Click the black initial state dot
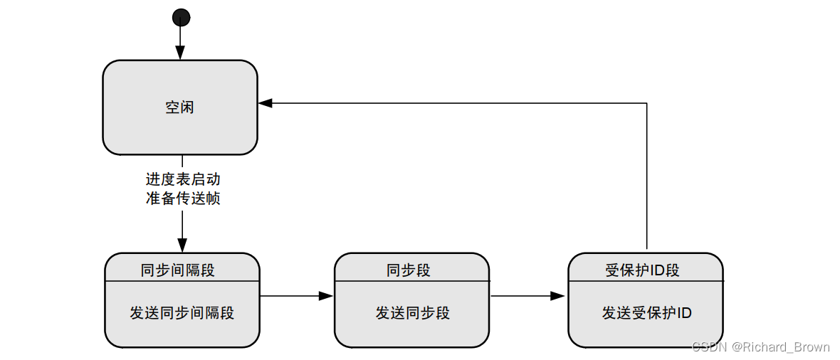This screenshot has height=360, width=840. click(181, 17)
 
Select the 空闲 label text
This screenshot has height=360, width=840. click(180, 107)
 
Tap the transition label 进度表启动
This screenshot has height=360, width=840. click(182, 179)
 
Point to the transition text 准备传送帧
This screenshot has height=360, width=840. click(182, 198)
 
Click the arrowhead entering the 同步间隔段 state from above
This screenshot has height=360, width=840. click(182, 246)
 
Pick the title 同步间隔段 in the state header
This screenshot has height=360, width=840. click(178, 270)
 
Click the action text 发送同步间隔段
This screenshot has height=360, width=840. click(182, 312)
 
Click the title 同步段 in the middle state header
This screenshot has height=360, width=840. click(409, 270)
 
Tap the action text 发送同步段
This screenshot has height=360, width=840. click(413, 312)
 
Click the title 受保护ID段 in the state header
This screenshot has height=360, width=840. click(642, 270)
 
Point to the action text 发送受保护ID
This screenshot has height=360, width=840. click(646, 312)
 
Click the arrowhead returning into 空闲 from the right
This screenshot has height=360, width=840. click(265, 103)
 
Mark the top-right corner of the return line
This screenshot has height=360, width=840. click(646, 103)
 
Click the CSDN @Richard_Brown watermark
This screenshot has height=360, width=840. click(761, 347)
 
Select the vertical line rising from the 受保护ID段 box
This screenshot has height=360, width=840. click(646, 178)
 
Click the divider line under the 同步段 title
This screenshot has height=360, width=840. click(412, 281)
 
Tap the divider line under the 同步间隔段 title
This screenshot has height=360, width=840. click(182, 281)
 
